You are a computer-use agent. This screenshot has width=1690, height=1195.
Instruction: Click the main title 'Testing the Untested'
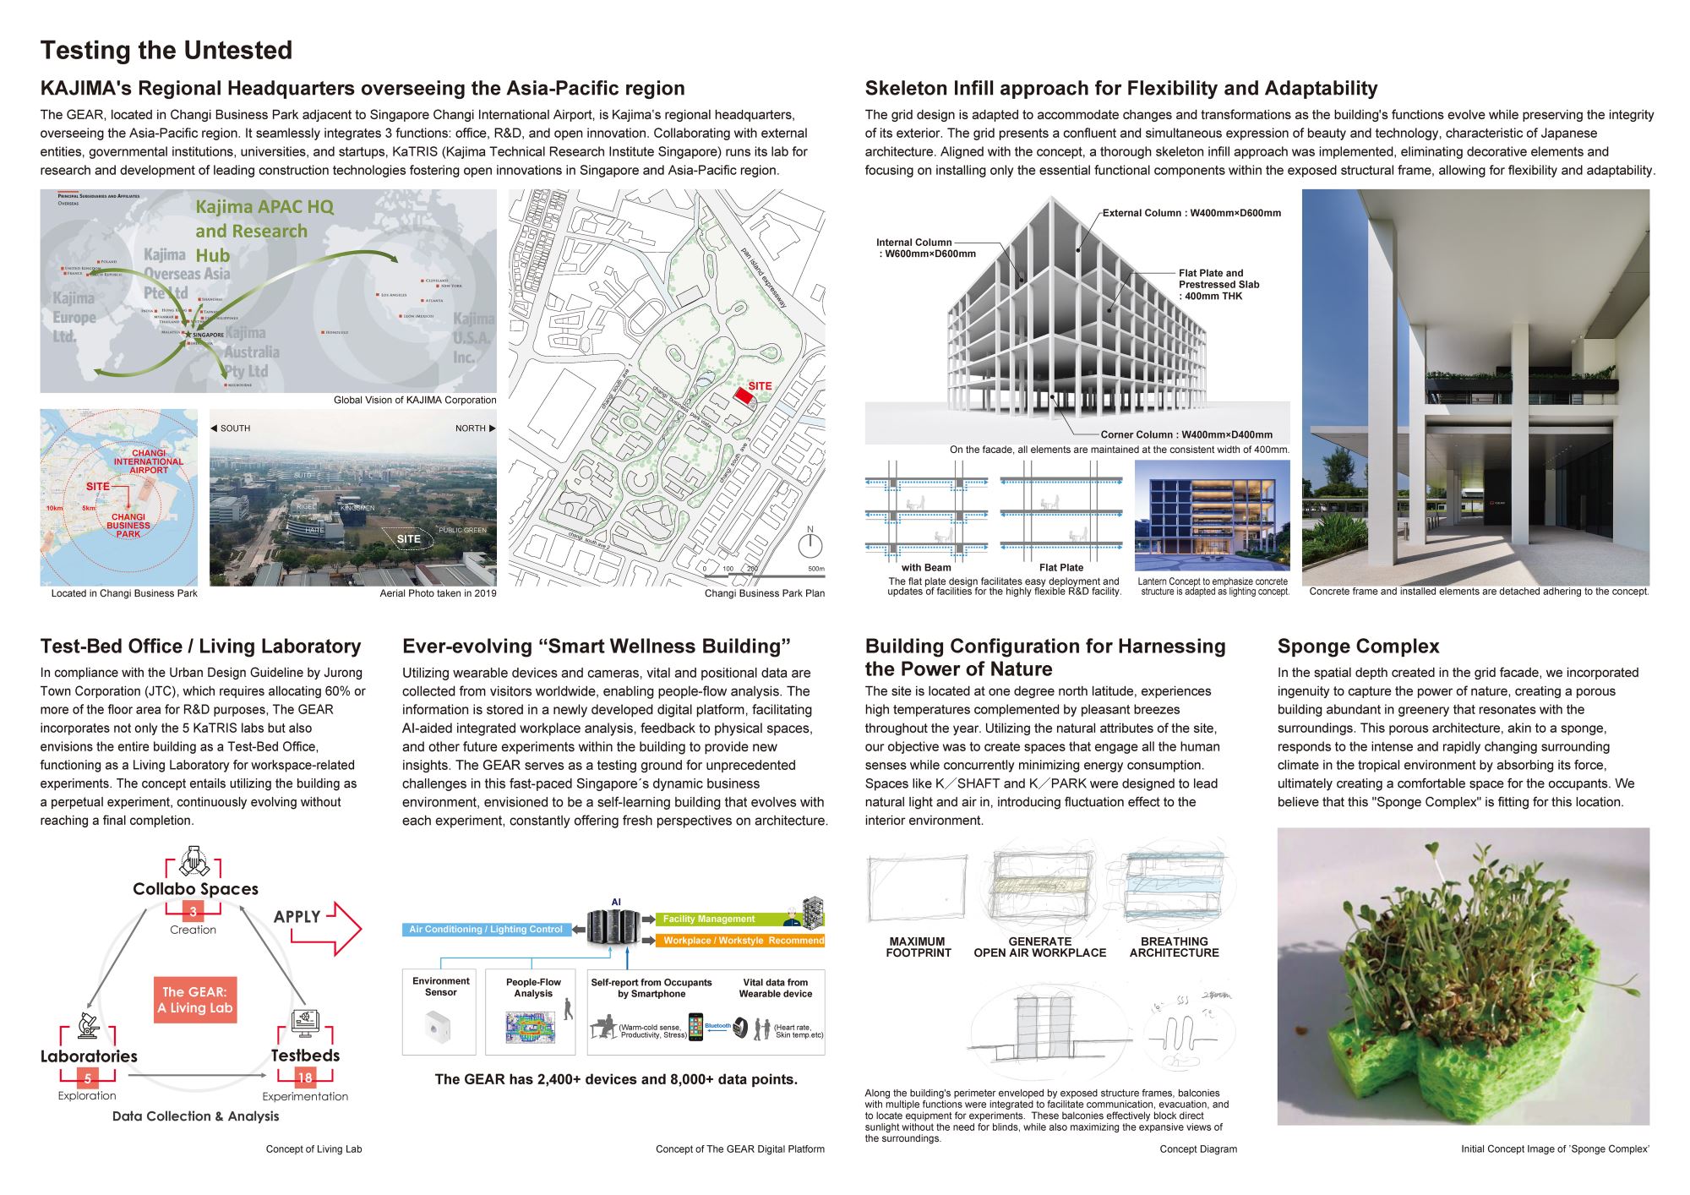(166, 51)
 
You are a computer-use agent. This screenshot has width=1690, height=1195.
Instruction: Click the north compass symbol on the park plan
(810, 543)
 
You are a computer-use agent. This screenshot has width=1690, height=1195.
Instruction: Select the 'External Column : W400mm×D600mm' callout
(1191, 213)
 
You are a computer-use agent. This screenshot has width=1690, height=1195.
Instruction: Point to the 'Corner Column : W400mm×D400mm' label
(1186, 434)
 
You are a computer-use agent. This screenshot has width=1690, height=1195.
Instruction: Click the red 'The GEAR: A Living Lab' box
(195, 1000)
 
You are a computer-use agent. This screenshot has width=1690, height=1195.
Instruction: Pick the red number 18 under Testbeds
(305, 1078)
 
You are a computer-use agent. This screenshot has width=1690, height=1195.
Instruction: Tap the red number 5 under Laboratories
(88, 1078)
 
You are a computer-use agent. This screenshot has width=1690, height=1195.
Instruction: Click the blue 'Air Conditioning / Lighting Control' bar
(486, 930)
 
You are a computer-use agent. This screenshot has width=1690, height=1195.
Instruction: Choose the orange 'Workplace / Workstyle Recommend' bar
(740, 940)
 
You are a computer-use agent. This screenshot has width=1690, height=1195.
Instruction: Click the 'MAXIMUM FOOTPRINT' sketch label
(918, 947)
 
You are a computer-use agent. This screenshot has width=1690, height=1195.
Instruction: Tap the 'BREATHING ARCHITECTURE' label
(1174, 947)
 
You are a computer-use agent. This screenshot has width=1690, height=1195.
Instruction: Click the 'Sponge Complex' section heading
(1358, 647)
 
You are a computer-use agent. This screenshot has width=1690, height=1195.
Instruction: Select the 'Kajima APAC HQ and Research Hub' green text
(264, 231)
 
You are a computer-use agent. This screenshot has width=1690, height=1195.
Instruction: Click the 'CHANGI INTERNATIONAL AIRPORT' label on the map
(149, 461)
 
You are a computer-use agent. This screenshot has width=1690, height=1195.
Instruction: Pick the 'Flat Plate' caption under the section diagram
(1060, 568)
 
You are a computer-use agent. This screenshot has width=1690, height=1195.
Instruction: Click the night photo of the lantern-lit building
(1212, 516)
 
